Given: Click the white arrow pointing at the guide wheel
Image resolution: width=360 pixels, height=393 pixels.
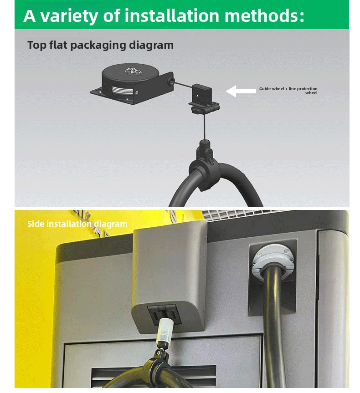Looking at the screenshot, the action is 241,91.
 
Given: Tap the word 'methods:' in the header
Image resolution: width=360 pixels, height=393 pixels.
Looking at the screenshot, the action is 264,15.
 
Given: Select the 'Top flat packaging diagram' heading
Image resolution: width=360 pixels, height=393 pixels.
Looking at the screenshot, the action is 100,46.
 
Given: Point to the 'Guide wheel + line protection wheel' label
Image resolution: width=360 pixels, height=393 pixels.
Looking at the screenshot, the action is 288,91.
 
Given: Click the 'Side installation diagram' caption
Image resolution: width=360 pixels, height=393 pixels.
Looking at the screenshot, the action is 77,224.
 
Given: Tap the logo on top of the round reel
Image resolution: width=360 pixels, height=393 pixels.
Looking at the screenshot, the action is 134,71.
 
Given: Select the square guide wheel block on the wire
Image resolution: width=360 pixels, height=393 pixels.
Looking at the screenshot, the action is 202,93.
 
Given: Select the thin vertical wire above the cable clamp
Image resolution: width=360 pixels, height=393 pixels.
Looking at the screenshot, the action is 205,127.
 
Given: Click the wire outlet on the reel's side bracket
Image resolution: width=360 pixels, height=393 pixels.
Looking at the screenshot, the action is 171,81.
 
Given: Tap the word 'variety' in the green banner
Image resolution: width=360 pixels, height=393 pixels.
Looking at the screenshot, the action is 69,16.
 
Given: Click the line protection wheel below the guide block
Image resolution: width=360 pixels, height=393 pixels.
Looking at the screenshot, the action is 204,108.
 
